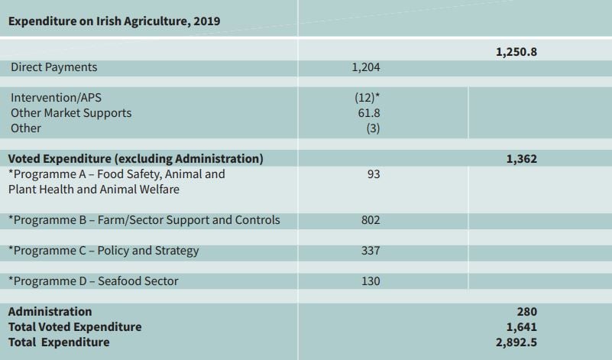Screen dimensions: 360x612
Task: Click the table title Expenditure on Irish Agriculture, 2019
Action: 114,21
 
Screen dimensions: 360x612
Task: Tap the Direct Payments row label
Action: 54,67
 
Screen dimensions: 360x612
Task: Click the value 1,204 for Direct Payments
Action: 366,67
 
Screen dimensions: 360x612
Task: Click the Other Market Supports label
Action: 71,113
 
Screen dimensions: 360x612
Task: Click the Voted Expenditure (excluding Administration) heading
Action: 136,159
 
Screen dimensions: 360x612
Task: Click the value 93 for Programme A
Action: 373,174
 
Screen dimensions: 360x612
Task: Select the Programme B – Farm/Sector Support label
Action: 144,220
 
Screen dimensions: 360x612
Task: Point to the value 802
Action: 371,220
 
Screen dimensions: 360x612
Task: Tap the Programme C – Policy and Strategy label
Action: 103,251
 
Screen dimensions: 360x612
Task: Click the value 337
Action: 371,251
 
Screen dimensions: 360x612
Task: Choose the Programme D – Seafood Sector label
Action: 93,281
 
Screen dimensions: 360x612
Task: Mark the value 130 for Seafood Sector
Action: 371,281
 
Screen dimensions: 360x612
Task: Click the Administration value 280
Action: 526,312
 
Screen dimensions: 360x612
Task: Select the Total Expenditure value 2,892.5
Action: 516,342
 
